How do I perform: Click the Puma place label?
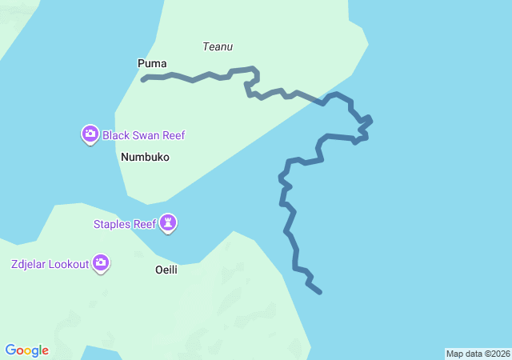pyautogui.click(x=152, y=63)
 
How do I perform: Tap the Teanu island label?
pyautogui.click(x=218, y=47)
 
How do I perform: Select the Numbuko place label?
pyautogui.click(x=145, y=158)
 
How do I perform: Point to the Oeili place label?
pyautogui.click(x=166, y=270)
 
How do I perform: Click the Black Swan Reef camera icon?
pyautogui.click(x=90, y=134)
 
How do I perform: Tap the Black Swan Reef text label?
pyautogui.click(x=144, y=135)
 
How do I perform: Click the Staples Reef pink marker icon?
pyautogui.click(x=168, y=223)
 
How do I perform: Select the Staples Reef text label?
pyautogui.click(x=125, y=224)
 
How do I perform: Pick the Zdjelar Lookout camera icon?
pyautogui.click(x=101, y=262)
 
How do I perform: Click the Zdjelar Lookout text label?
pyautogui.click(x=50, y=264)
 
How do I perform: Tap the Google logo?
pyautogui.click(x=26, y=350)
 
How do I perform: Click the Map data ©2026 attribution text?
pyautogui.click(x=478, y=354)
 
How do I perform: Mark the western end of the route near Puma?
pyautogui.click(x=143, y=79)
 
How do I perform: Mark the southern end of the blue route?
pyautogui.click(x=320, y=292)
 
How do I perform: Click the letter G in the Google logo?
pyautogui.click(x=10, y=350)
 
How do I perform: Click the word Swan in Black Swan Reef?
pyautogui.click(x=148, y=135)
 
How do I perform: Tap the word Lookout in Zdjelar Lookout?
pyautogui.click(x=69, y=264)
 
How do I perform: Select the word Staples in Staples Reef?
pyautogui.click(x=114, y=224)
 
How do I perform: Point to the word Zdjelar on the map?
pyautogui.click(x=29, y=264)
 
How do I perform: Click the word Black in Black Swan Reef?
pyautogui.click(x=117, y=135)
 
